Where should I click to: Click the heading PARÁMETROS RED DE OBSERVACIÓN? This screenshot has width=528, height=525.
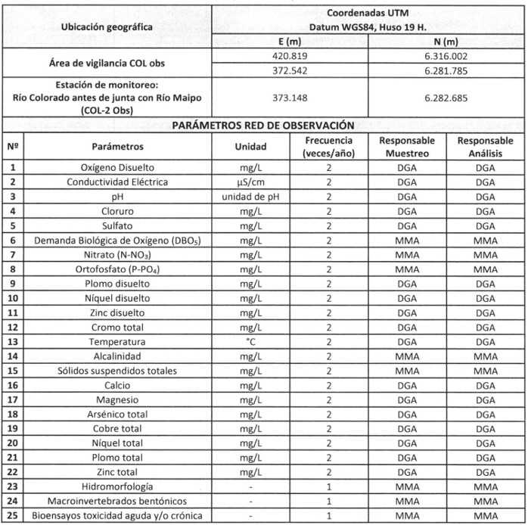(264, 125)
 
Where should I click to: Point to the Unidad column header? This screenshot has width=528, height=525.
(250, 145)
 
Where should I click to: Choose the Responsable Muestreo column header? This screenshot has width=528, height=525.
(406, 146)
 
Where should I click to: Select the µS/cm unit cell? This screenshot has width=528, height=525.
(250, 182)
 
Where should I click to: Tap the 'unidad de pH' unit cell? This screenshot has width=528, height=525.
(250, 196)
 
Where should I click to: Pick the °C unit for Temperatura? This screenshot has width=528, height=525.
(250, 342)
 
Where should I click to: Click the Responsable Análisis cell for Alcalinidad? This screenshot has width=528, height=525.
(484, 356)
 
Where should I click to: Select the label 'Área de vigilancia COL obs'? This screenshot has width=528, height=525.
(105, 62)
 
